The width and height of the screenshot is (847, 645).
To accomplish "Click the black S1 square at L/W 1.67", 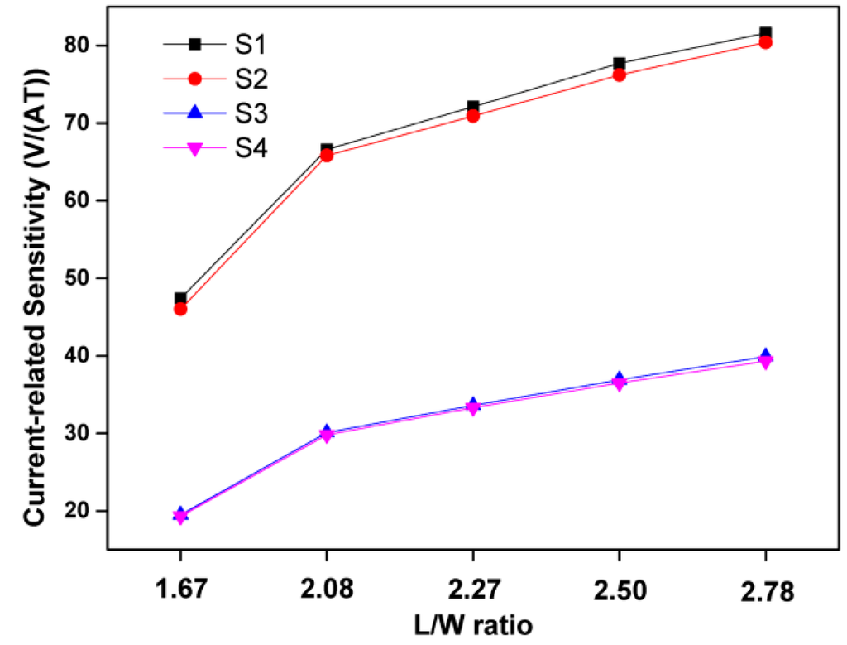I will click(x=181, y=298).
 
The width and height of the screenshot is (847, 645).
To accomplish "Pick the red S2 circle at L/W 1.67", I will click(x=180, y=309).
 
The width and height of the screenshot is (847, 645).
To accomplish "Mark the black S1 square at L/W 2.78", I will click(x=765, y=33).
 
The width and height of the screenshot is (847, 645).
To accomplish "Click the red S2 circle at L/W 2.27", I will click(x=473, y=116).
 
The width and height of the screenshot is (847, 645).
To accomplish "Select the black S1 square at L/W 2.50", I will click(x=620, y=64).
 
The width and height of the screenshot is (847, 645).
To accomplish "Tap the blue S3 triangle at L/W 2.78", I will click(x=765, y=355).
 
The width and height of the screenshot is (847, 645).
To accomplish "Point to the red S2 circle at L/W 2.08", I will click(x=327, y=155).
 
